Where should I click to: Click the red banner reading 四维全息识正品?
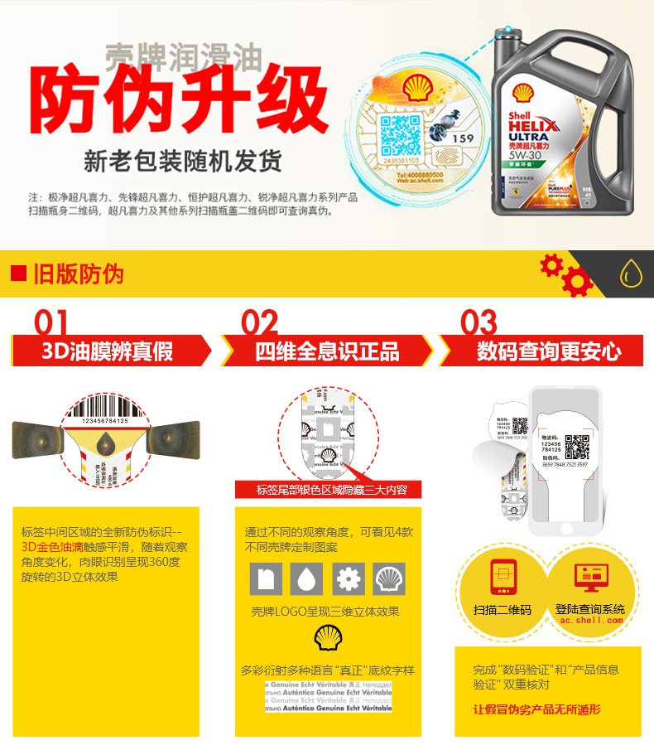(326, 351)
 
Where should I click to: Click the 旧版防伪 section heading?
(78, 273)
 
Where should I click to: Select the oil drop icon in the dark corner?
(632, 273)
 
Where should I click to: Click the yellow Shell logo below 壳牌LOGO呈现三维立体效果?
(326, 638)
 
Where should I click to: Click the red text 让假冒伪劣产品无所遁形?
(536, 709)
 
